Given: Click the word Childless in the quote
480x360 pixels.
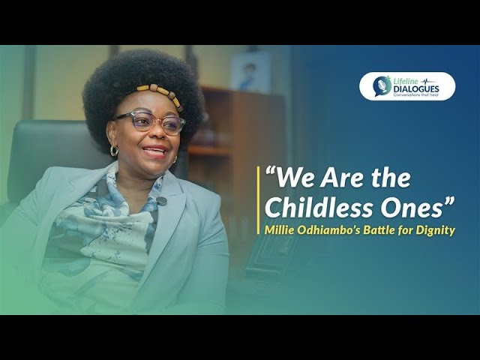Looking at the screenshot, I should point(314,208).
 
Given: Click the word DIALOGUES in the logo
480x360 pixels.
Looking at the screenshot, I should point(416,89).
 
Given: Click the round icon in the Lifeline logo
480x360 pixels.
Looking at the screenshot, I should point(382,86).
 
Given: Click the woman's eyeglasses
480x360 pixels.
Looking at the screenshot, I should point(149,121).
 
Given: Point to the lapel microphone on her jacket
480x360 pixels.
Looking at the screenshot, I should point(160,201).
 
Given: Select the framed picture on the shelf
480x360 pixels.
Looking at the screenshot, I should point(251,72).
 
